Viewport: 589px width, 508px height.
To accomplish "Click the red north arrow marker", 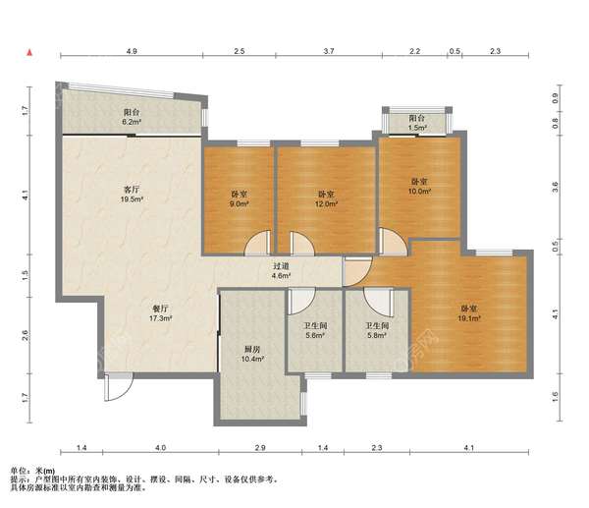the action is (x=29, y=53).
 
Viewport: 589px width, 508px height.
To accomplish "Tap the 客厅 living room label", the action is (x=133, y=190).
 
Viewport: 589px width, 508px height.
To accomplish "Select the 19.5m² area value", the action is (x=132, y=199).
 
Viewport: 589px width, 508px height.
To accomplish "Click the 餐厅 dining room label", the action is (x=160, y=309).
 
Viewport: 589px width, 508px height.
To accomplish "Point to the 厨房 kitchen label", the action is (x=252, y=350).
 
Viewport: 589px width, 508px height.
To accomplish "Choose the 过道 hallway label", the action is (x=281, y=266).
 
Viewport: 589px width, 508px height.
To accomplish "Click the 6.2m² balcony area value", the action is (x=132, y=122).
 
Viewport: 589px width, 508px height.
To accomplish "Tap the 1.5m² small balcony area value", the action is (x=417, y=128).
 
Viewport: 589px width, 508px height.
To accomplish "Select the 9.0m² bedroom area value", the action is (x=240, y=203).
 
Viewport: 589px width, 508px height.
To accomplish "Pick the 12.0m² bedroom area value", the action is (x=326, y=203).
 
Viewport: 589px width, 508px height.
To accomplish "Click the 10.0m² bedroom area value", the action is (x=419, y=191).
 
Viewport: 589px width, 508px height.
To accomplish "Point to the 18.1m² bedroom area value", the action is (x=469, y=318).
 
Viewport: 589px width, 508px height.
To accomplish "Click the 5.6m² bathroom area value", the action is (x=315, y=335).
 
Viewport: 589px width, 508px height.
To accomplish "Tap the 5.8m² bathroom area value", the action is (x=377, y=335).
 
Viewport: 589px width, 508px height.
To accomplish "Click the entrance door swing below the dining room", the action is (x=119, y=386).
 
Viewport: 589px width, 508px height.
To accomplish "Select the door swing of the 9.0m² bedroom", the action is (x=257, y=243).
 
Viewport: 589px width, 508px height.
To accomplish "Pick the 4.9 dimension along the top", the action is (x=132, y=51).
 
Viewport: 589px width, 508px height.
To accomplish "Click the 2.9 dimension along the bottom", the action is (x=260, y=447).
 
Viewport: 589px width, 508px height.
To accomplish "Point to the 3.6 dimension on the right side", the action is (x=556, y=187).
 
